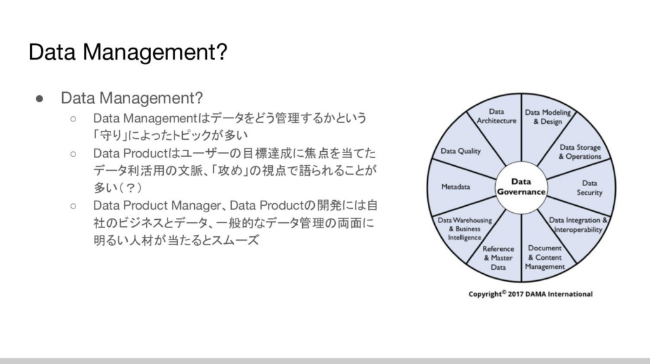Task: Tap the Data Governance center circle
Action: (x=521, y=186)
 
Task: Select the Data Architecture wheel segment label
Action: (x=496, y=116)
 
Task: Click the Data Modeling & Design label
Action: (x=547, y=117)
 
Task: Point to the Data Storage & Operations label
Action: (x=580, y=152)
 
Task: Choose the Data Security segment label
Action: (x=589, y=187)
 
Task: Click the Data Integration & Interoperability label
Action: (x=578, y=225)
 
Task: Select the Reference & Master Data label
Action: (x=498, y=258)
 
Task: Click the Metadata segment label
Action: (x=455, y=187)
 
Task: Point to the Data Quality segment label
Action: (x=461, y=151)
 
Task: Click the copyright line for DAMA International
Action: (x=530, y=294)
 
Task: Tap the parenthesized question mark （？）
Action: (x=130, y=188)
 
